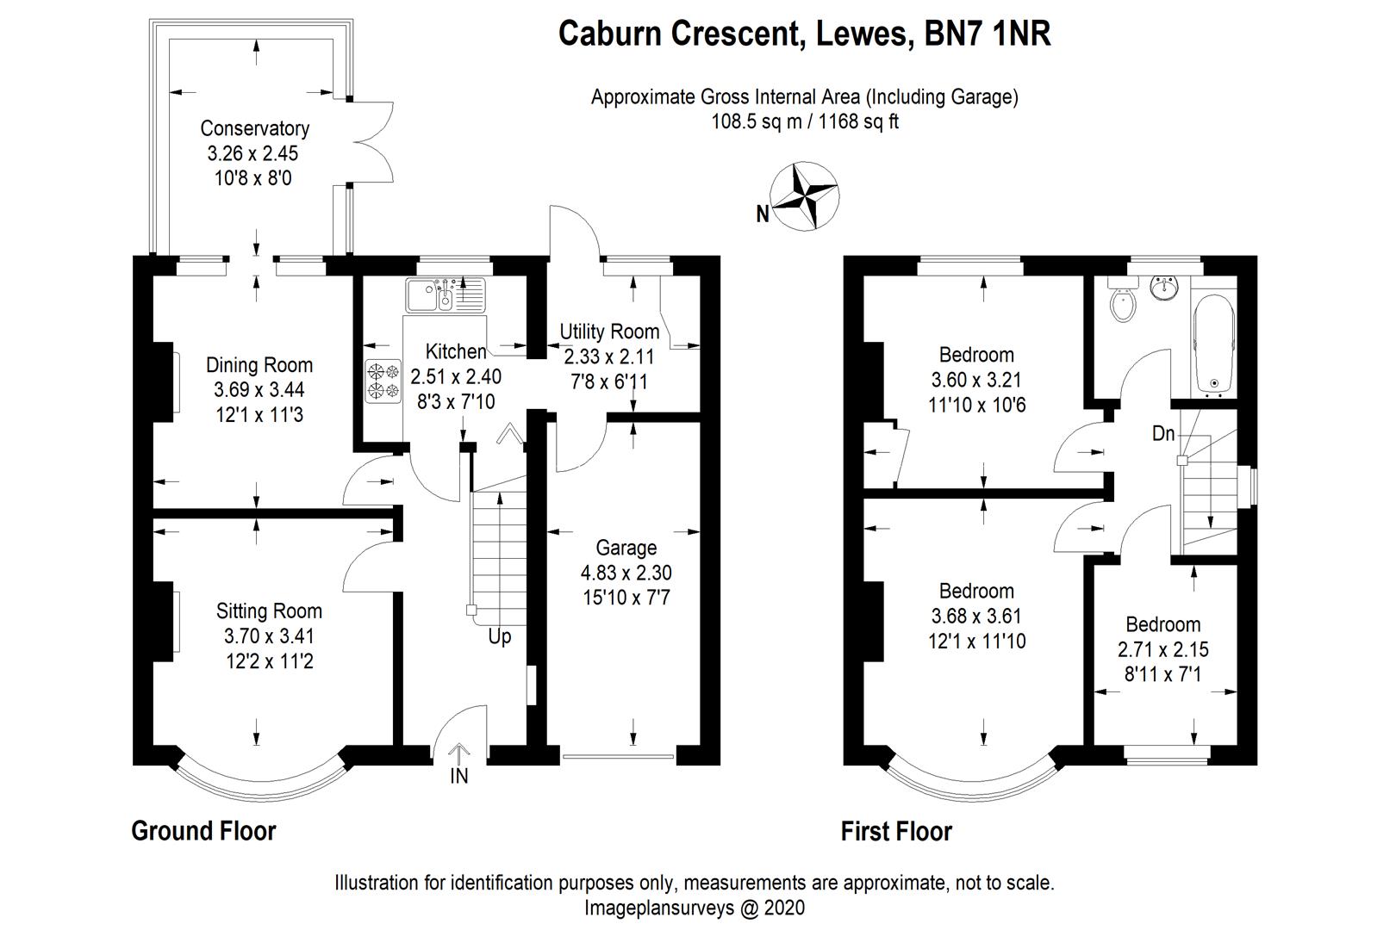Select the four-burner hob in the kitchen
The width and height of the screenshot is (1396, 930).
click(x=383, y=381)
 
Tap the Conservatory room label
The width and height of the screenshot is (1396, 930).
click(x=254, y=128)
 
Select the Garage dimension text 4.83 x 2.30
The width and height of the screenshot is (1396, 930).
click(x=626, y=573)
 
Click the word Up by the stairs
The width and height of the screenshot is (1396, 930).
click(x=500, y=636)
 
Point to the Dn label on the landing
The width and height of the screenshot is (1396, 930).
click(x=1163, y=434)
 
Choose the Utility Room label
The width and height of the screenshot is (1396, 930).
click(x=609, y=332)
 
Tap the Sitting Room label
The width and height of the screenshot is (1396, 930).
click(x=269, y=611)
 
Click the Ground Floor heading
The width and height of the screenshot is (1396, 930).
click(x=203, y=831)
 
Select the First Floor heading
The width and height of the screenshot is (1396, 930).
click(x=896, y=831)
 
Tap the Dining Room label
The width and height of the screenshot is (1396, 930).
click(x=259, y=365)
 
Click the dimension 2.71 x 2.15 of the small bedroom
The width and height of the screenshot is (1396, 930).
click(x=1162, y=649)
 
